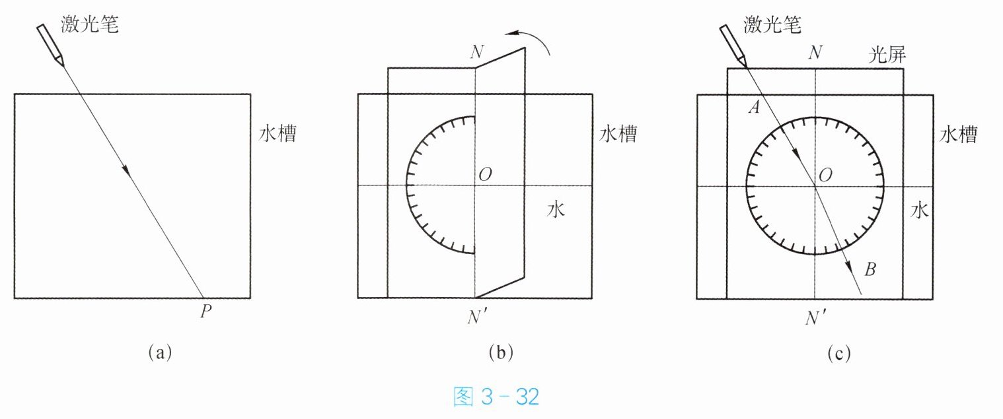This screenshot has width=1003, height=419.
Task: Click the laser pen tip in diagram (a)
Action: pos(61,63)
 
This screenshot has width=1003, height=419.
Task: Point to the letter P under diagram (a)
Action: pos(205,311)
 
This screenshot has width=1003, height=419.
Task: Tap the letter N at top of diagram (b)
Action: pos(475,53)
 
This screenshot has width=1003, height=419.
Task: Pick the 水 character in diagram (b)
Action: pos(556,210)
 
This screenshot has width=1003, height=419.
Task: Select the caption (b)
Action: pos(500,353)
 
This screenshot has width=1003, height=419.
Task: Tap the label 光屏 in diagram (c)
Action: pos(887,56)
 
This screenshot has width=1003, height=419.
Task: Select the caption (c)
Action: pos(839,353)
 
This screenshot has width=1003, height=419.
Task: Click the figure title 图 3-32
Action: pos(498,397)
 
